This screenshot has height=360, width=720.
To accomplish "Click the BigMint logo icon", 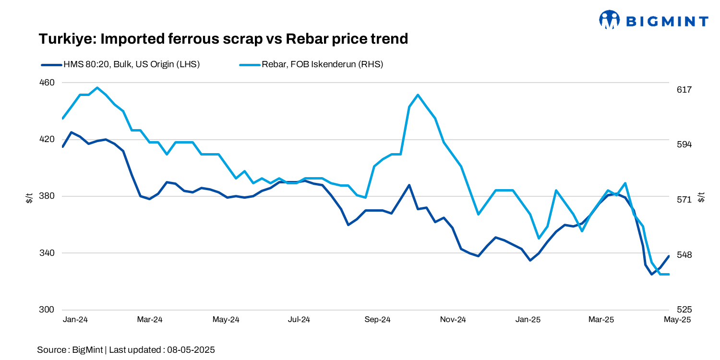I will coord(610,20).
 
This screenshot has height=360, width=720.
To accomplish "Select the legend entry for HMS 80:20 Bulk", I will coord(120,64).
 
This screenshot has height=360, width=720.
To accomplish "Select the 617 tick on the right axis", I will coord(684,90).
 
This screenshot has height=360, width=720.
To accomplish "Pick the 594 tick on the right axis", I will coord(684,144).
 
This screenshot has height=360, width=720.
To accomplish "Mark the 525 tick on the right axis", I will coord(684,310).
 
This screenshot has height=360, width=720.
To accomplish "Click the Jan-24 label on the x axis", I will coord(75,320).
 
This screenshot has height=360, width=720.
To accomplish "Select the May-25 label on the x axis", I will coord(677,320).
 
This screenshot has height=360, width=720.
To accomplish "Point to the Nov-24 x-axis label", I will coord(453,320).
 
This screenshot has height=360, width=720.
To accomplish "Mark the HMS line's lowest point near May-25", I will coord(652,274).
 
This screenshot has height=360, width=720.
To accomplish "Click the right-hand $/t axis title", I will coord(702,197).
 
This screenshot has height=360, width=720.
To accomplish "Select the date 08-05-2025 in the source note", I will coord(191,350).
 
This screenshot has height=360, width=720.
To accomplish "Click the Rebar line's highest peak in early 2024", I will coord(97,88).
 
